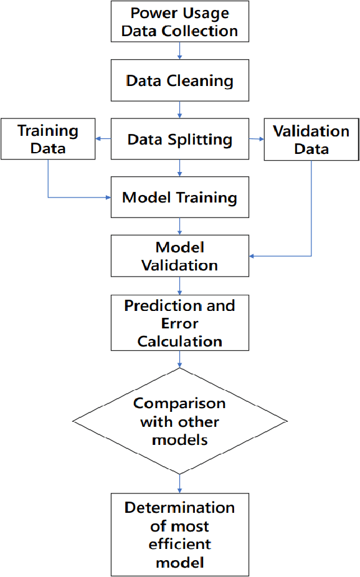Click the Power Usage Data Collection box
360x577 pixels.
click(x=179, y=22)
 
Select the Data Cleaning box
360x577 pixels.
click(x=179, y=80)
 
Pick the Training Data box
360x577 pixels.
click(x=48, y=140)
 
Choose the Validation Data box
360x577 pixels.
click(x=311, y=140)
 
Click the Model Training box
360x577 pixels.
click(x=179, y=198)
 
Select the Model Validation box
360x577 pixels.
click(x=179, y=255)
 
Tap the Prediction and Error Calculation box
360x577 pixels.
click(x=179, y=323)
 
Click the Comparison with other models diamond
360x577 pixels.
click(x=179, y=421)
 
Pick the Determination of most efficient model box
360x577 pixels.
click(x=179, y=535)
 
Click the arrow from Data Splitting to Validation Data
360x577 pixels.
click(x=256, y=139)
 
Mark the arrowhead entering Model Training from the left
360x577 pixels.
click(x=107, y=198)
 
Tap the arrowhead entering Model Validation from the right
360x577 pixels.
click(x=252, y=255)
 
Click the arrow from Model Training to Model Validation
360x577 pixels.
click(x=179, y=226)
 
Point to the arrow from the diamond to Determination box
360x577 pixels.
click(x=179, y=483)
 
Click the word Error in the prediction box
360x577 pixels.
click(x=179, y=323)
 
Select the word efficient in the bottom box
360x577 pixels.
click(x=179, y=543)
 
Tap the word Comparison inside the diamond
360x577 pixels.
click(x=179, y=403)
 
